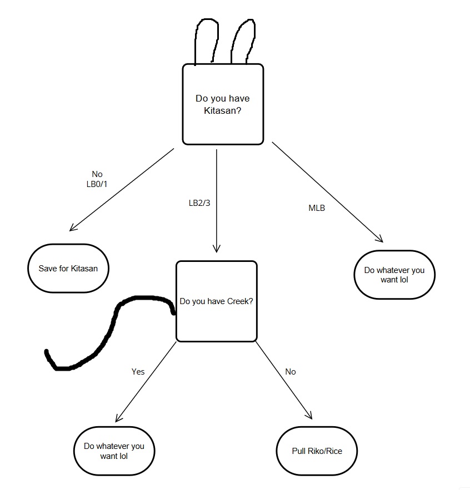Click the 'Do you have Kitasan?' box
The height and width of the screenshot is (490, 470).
[222, 104]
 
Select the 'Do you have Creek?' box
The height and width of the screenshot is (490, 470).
[216, 301]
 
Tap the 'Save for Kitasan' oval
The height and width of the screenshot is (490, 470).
[68, 269]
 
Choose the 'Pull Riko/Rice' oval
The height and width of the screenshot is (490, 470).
[317, 451]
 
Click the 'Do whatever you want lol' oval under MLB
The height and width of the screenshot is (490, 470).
[394, 275]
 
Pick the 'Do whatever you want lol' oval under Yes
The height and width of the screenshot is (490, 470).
[114, 451]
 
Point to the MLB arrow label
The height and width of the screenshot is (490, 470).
[317, 208]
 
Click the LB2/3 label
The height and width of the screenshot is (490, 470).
[199, 203]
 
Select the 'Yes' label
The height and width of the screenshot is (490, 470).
[138, 371]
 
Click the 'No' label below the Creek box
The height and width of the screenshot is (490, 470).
[290, 371]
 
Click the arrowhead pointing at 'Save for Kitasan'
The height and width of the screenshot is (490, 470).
[72, 228]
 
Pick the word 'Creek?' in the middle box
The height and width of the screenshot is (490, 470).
[241, 301]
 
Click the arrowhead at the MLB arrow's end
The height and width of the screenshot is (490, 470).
[380, 239]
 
